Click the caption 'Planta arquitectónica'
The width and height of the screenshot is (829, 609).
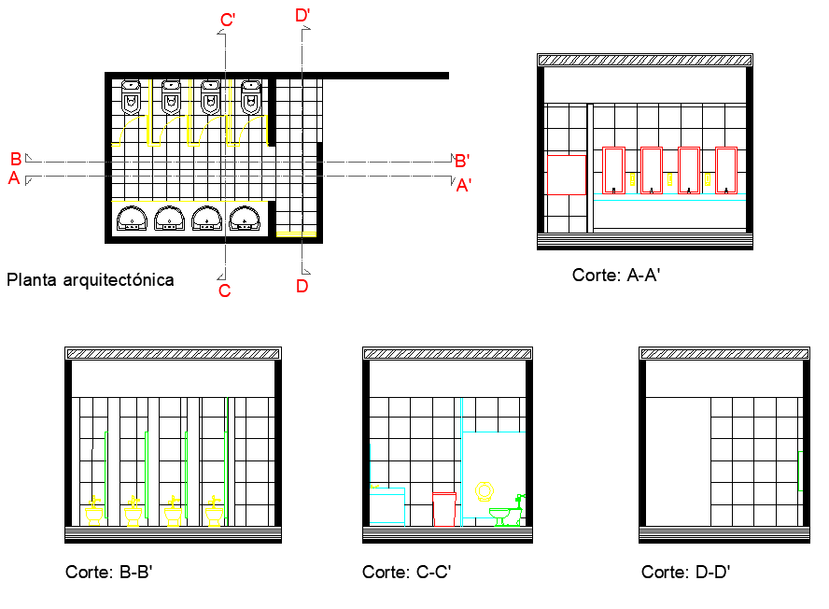90,279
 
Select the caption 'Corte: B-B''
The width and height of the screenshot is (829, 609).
108,572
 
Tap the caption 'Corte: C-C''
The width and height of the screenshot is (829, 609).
407,572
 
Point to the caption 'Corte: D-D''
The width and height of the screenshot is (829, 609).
685,572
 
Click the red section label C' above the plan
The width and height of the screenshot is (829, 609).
228,21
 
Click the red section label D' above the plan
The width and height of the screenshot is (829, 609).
302,15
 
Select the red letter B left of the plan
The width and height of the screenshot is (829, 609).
16,159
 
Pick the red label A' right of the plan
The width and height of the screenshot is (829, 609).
464,186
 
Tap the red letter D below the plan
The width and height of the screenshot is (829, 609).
302,287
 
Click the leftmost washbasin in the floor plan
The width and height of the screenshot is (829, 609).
133,218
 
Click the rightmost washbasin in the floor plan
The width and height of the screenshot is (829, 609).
245,218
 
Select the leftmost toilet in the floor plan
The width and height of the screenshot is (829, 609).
133,95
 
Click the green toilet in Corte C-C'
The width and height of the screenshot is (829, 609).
507,513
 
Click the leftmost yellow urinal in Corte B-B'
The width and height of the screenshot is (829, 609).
94,512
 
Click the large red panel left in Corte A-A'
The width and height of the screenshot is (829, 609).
566,175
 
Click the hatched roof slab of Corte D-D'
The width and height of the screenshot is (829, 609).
724,353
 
